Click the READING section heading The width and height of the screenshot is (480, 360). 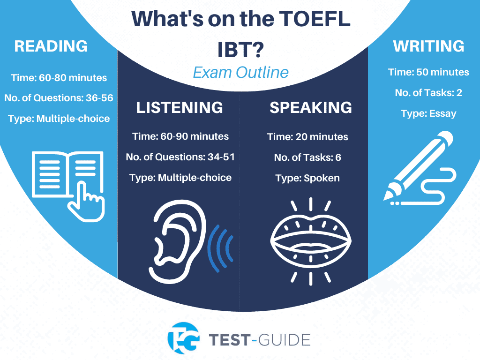coord(51,46)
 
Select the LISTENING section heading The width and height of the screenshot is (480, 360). coord(179,107)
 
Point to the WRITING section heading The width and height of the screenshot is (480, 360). coord(428,46)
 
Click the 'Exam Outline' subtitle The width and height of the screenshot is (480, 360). coord(240,73)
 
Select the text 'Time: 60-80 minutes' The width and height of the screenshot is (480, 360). coord(59,78)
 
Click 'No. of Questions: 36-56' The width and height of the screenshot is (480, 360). coord(59,98)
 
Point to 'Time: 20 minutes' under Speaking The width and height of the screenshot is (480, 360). coord(307,137)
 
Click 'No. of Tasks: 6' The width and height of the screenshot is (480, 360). coord(307,157)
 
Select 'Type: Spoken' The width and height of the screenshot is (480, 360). coord(307,178)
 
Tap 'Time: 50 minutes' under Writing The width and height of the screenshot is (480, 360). coord(428,72)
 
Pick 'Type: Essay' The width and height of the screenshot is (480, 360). coord(428,113)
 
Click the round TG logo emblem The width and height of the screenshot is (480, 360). coord(183,338)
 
